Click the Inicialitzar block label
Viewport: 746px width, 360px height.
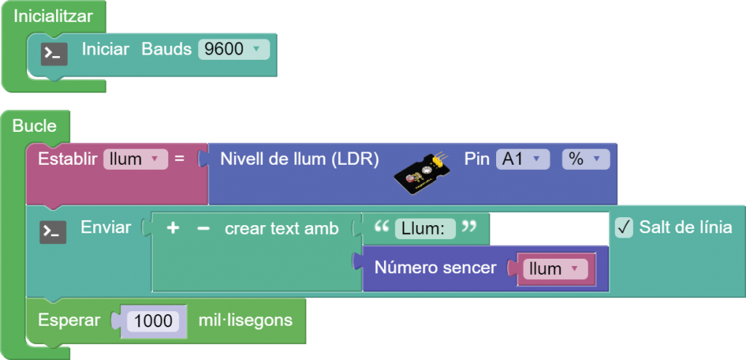(x=53, y=16)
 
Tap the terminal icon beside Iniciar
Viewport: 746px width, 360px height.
(x=54, y=53)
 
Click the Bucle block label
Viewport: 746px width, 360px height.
(x=34, y=126)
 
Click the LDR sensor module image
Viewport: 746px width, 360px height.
(x=421, y=173)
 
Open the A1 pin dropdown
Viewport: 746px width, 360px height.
(x=522, y=159)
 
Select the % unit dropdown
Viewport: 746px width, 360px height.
(x=585, y=159)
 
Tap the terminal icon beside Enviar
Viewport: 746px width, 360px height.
(x=52, y=231)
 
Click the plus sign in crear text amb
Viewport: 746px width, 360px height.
(x=173, y=228)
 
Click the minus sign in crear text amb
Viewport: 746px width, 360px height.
(x=203, y=228)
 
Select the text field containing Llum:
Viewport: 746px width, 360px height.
(x=425, y=229)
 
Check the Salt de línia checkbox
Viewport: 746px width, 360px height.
(x=624, y=227)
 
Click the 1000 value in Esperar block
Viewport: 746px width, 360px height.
(x=153, y=321)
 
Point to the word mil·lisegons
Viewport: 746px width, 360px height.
(x=246, y=320)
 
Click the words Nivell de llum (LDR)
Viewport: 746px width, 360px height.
(x=299, y=159)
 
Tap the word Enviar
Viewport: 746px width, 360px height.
(x=106, y=227)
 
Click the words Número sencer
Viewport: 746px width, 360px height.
(x=435, y=268)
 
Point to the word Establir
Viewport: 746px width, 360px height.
(x=68, y=159)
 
